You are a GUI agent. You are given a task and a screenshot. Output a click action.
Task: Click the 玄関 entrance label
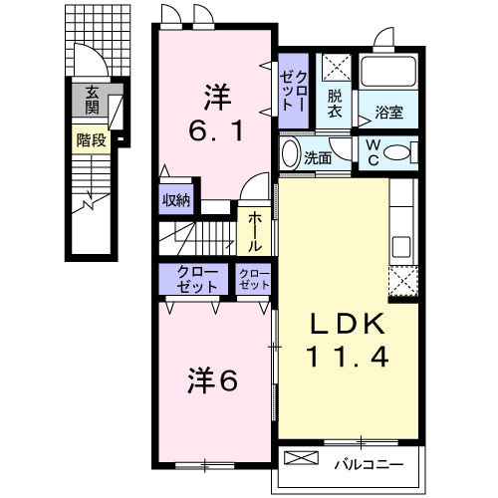(92, 101)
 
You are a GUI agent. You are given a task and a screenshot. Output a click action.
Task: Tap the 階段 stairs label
(92, 140)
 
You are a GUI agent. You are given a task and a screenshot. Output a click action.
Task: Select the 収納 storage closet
(176, 200)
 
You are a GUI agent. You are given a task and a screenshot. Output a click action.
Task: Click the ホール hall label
(255, 232)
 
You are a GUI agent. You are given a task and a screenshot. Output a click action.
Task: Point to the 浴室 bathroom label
(388, 113)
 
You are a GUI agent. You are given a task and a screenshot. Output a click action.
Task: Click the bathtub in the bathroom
(388, 71)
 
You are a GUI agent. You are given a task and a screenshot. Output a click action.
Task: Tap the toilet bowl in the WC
(397, 152)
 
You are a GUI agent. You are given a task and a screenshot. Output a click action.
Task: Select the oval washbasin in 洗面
(291, 153)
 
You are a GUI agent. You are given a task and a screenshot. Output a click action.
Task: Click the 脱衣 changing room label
(335, 104)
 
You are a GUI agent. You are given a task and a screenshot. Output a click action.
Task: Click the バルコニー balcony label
(369, 464)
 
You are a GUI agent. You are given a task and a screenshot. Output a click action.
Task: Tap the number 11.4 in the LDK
(349, 357)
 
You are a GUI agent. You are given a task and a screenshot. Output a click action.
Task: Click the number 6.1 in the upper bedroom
(216, 129)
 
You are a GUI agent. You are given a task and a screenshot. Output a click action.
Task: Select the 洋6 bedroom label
(213, 380)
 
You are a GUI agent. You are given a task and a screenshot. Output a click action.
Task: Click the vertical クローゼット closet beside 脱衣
(293, 91)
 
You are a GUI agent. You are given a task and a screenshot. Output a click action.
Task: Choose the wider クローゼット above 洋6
(193, 279)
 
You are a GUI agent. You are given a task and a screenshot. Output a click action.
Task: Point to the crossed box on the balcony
(301, 457)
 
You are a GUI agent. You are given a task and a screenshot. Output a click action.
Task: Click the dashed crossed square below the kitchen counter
(403, 281)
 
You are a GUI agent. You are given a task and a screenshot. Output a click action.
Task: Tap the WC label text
(373, 152)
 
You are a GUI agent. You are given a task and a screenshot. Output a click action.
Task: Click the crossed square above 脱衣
(337, 68)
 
